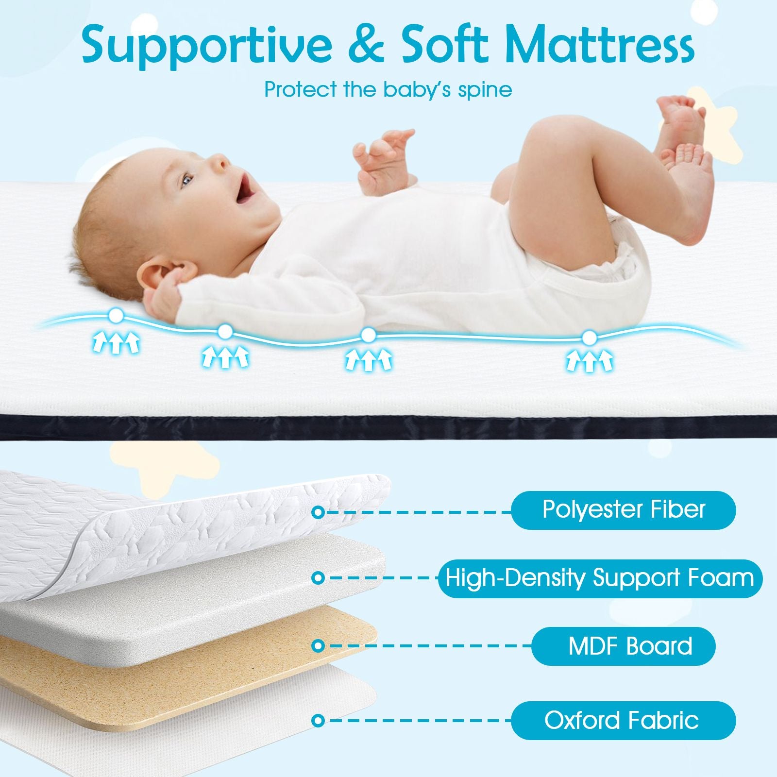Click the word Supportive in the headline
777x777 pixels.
click(x=207, y=46)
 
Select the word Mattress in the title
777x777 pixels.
click(x=599, y=46)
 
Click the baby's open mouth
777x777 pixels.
click(x=245, y=187)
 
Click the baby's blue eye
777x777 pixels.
click(x=187, y=181)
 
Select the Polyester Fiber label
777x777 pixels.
click(x=624, y=510)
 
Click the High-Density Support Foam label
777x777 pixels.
click(x=600, y=578)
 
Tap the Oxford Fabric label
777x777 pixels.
click(x=624, y=720)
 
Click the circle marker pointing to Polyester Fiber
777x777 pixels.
click(x=318, y=512)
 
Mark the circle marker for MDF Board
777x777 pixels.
click(x=318, y=646)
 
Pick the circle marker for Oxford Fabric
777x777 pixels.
click(x=318, y=721)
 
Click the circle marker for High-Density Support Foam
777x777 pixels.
click(x=318, y=578)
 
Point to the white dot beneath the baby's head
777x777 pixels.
click(x=116, y=316)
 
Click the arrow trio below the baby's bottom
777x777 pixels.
click(x=589, y=362)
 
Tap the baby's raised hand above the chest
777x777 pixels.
click(x=384, y=158)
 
